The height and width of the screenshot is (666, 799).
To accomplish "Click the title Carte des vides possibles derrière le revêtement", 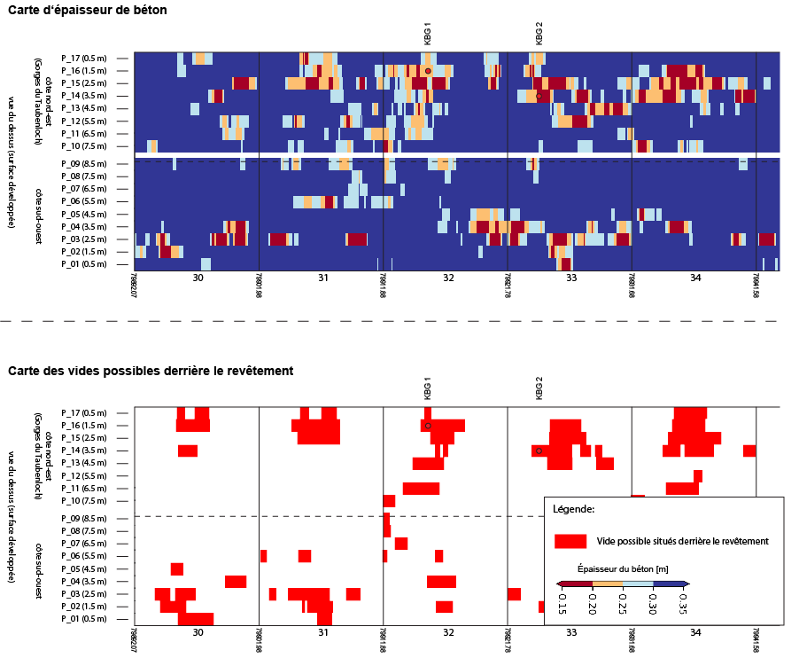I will pyautogui.click(x=151, y=370).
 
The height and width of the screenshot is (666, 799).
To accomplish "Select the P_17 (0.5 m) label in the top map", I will pyautogui.click(x=84, y=58).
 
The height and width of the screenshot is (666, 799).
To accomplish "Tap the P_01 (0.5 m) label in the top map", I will pyautogui.click(x=84, y=263).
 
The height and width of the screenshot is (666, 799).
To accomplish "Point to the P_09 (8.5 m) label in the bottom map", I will pyautogui.click(x=84, y=518).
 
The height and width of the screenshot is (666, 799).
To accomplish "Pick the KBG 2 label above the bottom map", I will pyautogui.click(x=539, y=388).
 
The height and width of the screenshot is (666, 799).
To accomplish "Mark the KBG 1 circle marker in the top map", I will pyautogui.click(x=428, y=70).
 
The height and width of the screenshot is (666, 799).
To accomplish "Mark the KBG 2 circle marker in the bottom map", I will pyautogui.click(x=539, y=451).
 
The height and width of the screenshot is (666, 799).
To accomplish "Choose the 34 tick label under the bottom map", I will pyautogui.click(x=695, y=633).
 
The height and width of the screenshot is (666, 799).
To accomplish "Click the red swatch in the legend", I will pyautogui.click(x=571, y=541).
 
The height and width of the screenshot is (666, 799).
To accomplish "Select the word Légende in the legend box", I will pyautogui.click(x=573, y=510).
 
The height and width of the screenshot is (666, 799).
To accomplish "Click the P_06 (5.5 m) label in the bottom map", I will pyautogui.click(x=84, y=555).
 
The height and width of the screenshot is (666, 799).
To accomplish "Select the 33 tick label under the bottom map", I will pyautogui.click(x=571, y=633).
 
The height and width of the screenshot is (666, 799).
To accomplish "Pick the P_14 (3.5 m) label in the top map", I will pyautogui.click(x=84, y=95).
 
